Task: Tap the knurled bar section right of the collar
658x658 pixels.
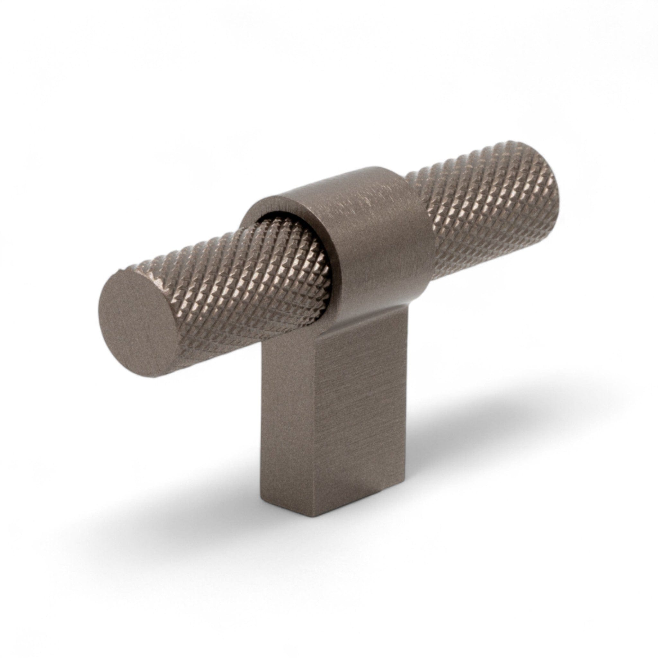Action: [490, 218]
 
